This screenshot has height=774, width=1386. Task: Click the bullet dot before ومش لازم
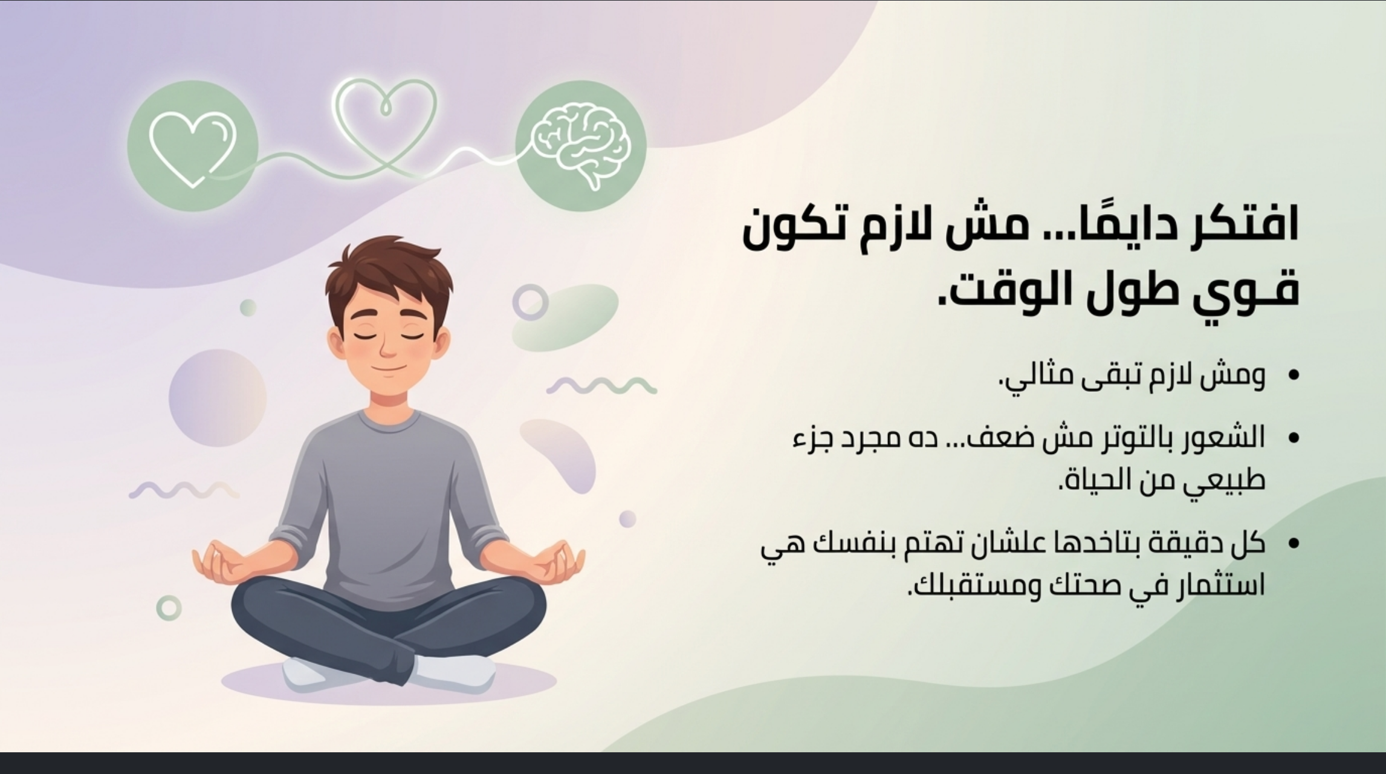coord(1292,376)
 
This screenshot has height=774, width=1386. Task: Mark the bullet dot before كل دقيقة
coord(1292,542)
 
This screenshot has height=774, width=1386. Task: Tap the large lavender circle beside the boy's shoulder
coord(218,398)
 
